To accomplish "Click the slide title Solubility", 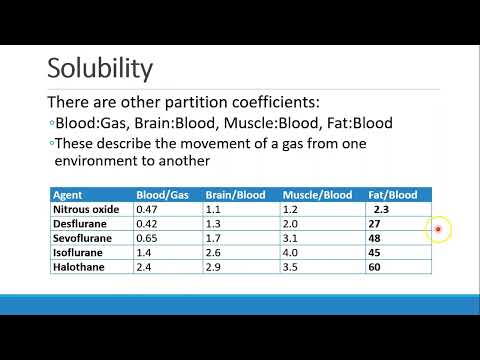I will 100,69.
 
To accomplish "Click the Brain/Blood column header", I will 233,195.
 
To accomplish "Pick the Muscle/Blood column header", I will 317,195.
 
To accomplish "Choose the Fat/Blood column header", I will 391,195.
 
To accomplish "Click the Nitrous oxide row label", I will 85,210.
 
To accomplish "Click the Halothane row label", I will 77,268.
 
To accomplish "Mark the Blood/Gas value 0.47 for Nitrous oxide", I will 148,210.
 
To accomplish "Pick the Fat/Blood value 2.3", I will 380,210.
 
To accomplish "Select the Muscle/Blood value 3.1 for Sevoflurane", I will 291,239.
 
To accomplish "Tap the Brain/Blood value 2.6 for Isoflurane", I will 213,254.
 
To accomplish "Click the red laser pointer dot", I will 438,230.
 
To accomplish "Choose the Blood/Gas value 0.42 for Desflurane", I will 148,225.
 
